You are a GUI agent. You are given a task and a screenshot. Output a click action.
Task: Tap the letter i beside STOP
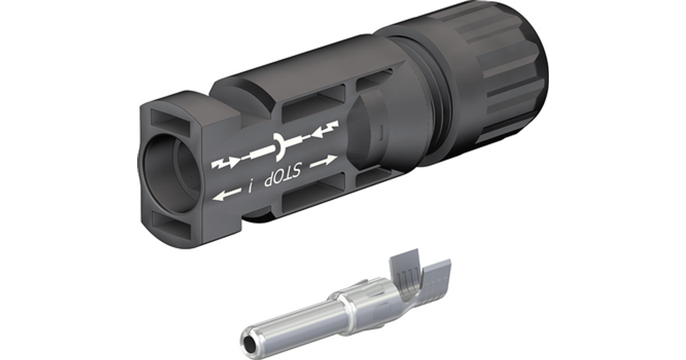point(250,187)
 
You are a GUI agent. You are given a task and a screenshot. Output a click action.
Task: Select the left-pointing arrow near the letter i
point(226,195)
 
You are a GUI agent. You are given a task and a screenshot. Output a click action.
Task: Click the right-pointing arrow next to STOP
point(324,161)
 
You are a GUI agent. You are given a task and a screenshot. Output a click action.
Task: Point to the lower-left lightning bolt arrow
point(225,162)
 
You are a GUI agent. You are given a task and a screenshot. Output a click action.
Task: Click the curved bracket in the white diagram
point(279,146)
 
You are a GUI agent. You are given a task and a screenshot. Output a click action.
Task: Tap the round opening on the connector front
point(170,173)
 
